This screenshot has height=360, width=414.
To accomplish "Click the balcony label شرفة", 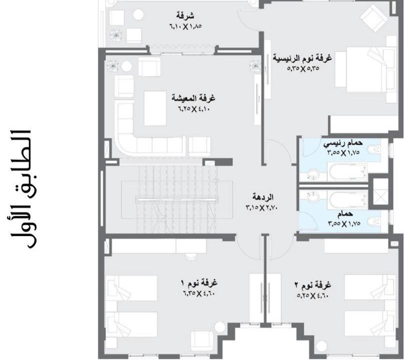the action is click(185, 15).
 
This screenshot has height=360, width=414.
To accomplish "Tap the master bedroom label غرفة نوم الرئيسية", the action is click(302, 57).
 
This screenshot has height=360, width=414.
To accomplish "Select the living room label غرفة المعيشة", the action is click(193, 98).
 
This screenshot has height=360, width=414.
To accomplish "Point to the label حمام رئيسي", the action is click(343, 143).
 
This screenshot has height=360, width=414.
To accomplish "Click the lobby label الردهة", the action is click(262, 197).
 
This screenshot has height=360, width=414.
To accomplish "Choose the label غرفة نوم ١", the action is click(199, 283).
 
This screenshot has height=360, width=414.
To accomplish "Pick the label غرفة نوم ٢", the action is click(312, 285).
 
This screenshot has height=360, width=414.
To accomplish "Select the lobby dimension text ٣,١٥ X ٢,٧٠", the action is click(261, 207).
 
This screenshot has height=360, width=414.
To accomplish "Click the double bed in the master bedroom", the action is click(366, 69).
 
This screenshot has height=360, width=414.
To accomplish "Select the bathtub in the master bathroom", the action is click(347, 171).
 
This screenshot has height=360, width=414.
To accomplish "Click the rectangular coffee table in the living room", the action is click(155, 108).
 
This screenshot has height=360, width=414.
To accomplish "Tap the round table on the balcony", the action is click(138, 15).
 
